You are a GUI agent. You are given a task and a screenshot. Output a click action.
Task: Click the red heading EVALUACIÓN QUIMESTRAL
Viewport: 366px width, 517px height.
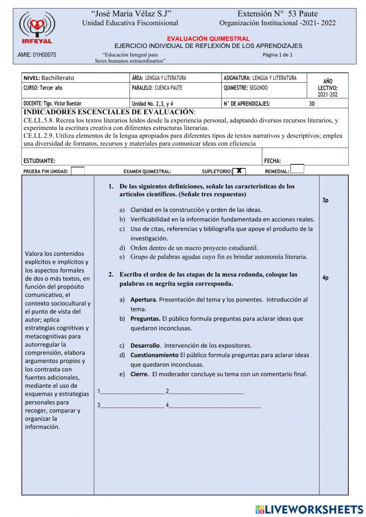tap(208, 38)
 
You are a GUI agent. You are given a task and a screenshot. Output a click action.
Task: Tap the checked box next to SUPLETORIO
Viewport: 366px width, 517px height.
tap(239, 171)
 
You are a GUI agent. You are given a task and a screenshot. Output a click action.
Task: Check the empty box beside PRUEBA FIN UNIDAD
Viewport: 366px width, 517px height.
tap(78, 171)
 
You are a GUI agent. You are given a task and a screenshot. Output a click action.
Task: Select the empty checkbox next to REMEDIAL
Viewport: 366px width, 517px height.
tap(297, 169)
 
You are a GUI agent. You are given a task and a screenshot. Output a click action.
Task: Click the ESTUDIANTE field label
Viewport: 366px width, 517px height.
tap(40, 161)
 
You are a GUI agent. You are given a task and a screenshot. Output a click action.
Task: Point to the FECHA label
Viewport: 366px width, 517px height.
tap(272, 161)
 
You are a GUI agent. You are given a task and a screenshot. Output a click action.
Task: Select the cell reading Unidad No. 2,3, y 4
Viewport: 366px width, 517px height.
tap(153, 104)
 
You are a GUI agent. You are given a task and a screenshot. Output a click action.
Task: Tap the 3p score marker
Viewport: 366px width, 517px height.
tap(325, 200)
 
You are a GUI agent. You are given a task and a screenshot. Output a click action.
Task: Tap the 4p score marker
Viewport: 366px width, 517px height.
tap(325, 278)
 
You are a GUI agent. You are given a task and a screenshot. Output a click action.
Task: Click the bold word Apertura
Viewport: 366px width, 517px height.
tap(143, 300)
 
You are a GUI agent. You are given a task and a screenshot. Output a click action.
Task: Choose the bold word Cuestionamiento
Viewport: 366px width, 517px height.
tap(154, 355)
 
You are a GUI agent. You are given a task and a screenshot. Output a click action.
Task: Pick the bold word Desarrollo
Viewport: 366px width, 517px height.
tap(145, 345)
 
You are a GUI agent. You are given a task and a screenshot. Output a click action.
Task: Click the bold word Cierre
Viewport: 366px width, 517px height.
tap(139, 374)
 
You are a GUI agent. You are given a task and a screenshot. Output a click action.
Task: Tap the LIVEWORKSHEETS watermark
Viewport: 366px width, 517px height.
tap(309, 509)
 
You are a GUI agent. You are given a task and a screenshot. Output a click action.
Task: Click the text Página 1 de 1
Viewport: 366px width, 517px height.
tap(277, 55)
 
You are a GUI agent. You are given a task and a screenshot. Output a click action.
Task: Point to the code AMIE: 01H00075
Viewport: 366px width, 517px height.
tap(37, 55)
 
